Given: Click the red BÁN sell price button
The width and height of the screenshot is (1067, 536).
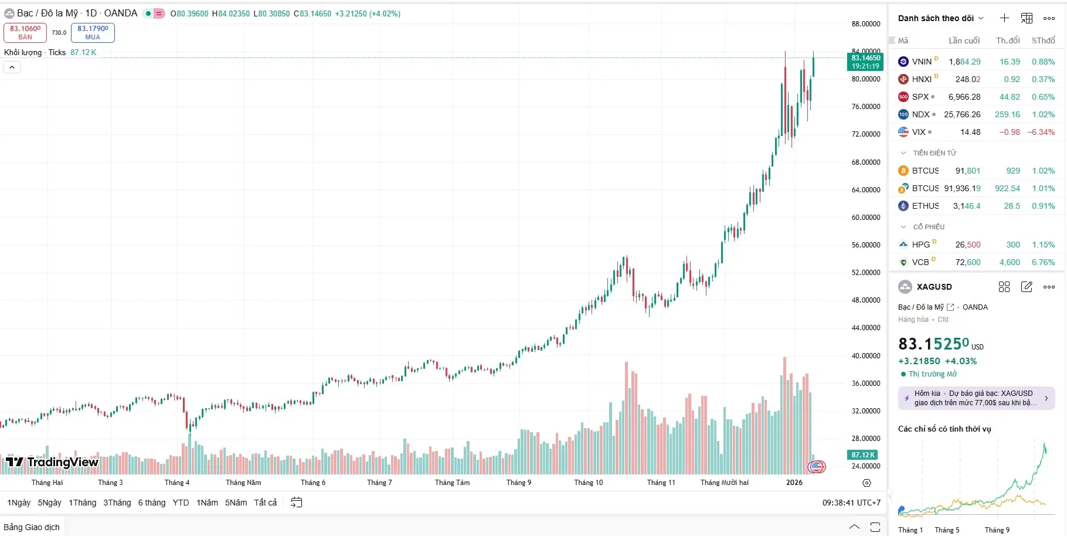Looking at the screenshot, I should tap(25, 32).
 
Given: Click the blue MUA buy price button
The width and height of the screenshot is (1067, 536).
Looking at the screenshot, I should tap(93, 32).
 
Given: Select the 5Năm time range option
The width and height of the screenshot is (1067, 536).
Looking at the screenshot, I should tap(236, 503).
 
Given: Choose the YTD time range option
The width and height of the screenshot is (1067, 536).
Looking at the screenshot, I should tap(181, 503).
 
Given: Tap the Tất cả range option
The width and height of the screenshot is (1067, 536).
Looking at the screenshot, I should tap(265, 503).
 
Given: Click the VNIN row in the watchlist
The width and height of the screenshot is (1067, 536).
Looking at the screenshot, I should tap(922, 62).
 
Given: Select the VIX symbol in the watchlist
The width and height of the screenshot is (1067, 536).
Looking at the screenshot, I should tap(918, 132).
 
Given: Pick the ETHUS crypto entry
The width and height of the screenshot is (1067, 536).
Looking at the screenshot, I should tap(925, 206).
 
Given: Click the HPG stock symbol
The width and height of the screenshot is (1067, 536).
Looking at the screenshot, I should tap(920, 245).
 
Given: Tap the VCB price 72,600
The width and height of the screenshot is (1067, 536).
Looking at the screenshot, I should tap(968, 262).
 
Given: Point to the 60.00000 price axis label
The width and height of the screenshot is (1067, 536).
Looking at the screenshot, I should tap(866, 218).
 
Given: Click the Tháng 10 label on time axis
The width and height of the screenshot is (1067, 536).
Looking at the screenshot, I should tap(588, 483).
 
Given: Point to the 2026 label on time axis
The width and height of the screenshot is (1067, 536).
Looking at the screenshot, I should tap(794, 483).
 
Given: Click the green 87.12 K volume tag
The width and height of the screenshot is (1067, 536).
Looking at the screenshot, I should tap(862, 454).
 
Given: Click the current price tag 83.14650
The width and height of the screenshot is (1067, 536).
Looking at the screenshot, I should tap(865, 62).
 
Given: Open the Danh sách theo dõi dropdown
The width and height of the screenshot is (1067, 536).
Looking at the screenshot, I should tap(940, 18).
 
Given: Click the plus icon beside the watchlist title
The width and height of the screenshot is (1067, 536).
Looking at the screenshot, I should tap(1004, 18).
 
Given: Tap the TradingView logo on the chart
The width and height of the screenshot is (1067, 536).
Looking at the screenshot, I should tap(52, 462).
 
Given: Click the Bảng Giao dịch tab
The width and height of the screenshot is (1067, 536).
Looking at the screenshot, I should tap(32, 527).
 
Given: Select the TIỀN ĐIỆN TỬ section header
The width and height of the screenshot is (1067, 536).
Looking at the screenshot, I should tap(934, 153).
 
